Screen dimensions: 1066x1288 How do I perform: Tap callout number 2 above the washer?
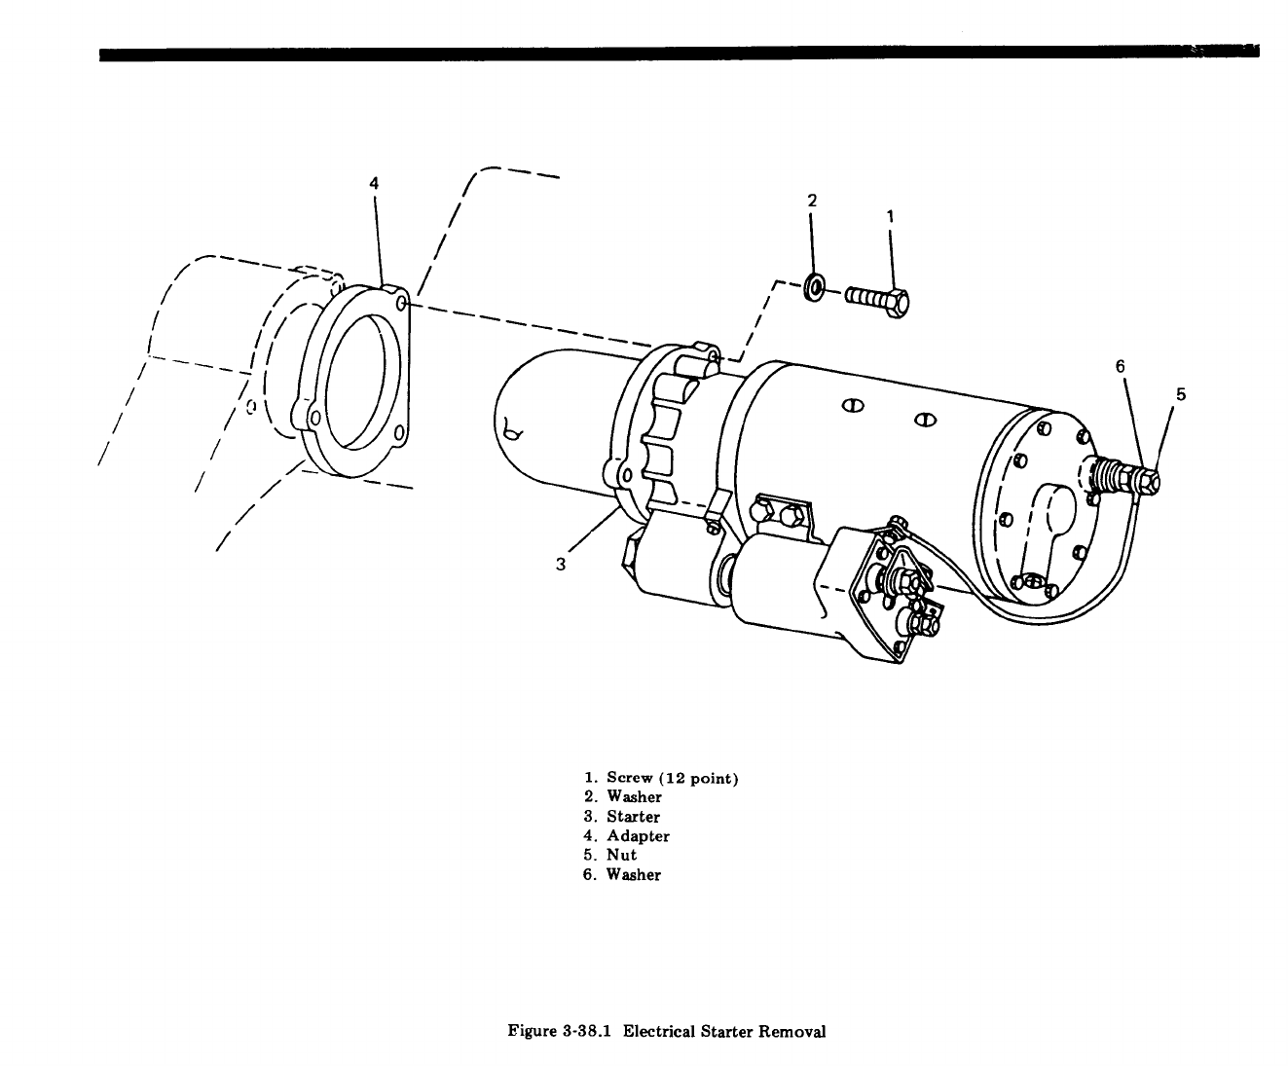pos(812,201)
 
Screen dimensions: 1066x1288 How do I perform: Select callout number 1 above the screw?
pos(890,215)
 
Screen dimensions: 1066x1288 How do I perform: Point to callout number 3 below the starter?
pos(561,564)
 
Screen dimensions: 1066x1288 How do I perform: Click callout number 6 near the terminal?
pos(1120,366)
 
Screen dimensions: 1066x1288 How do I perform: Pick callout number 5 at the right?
pos(1181,394)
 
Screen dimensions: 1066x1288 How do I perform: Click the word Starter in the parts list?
pos(633,817)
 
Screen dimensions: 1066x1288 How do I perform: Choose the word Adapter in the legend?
pos(638,836)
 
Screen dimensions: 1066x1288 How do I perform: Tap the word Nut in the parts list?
pos(621,855)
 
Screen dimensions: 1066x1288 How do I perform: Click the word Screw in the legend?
pos(629,778)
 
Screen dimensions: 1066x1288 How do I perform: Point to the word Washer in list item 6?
pos(633,874)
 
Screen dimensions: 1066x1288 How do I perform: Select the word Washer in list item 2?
pos(634,797)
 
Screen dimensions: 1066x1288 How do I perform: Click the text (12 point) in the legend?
pos(698,778)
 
